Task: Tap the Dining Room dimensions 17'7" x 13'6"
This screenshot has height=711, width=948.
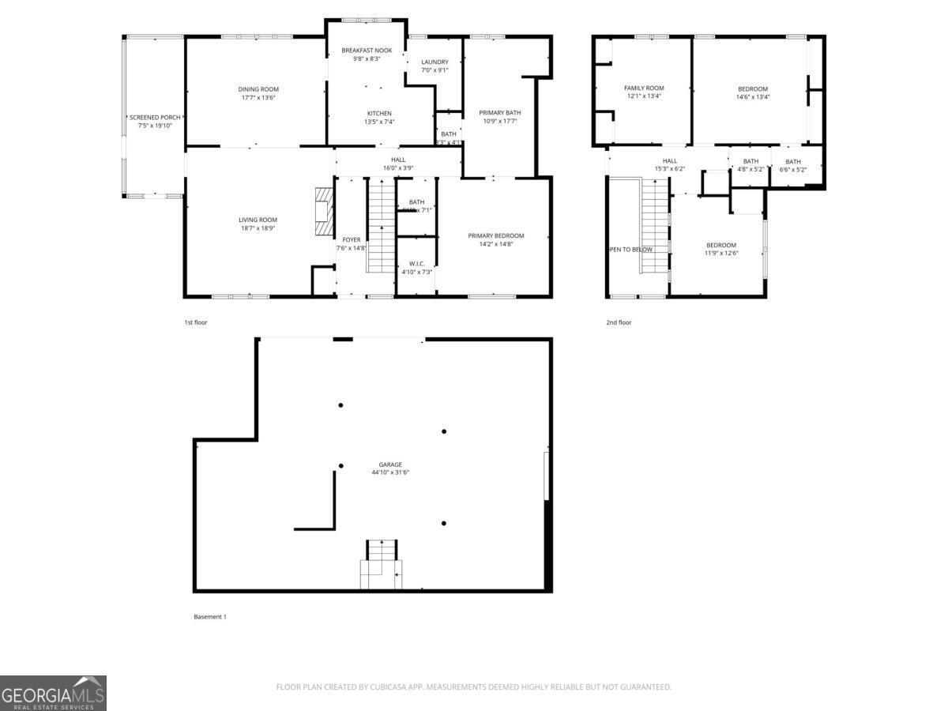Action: pos(259,98)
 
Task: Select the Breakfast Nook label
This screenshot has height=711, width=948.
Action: pos(367,50)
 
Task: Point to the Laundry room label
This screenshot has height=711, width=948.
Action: pos(434,62)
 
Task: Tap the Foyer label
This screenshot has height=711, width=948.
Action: pos(352,239)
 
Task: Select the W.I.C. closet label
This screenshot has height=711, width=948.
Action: pos(416,263)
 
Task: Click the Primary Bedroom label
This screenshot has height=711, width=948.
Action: pos(495,235)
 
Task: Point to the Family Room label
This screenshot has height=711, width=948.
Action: pos(644,88)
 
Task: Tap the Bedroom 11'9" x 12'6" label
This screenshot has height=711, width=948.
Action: pos(720,245)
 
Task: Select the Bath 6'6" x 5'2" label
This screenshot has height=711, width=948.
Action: pos(792,161)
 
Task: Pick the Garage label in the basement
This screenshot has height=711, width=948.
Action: pos(390,465)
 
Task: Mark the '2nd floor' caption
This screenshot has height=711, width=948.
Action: pos(619,322)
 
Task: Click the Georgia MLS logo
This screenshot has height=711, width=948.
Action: pos(53,693)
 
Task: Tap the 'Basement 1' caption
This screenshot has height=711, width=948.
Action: pos(209,617)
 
